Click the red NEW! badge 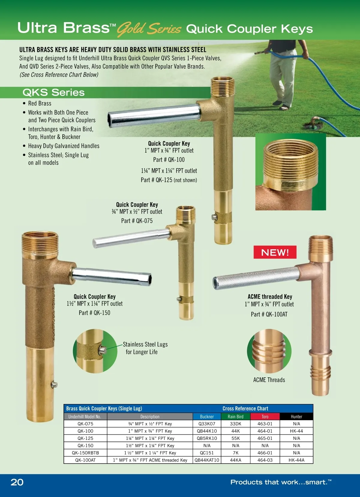275,252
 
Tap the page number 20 17,482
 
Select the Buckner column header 207,417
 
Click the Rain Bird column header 235,417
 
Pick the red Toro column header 265,417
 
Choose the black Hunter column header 296,417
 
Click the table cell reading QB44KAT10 207,460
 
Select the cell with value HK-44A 296,460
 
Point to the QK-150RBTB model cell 85,453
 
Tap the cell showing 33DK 235,424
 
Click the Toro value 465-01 265,438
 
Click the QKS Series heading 53,92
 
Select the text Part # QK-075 137,221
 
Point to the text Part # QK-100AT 269,314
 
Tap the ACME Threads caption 269,380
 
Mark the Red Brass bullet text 40,103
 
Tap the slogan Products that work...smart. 281,482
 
